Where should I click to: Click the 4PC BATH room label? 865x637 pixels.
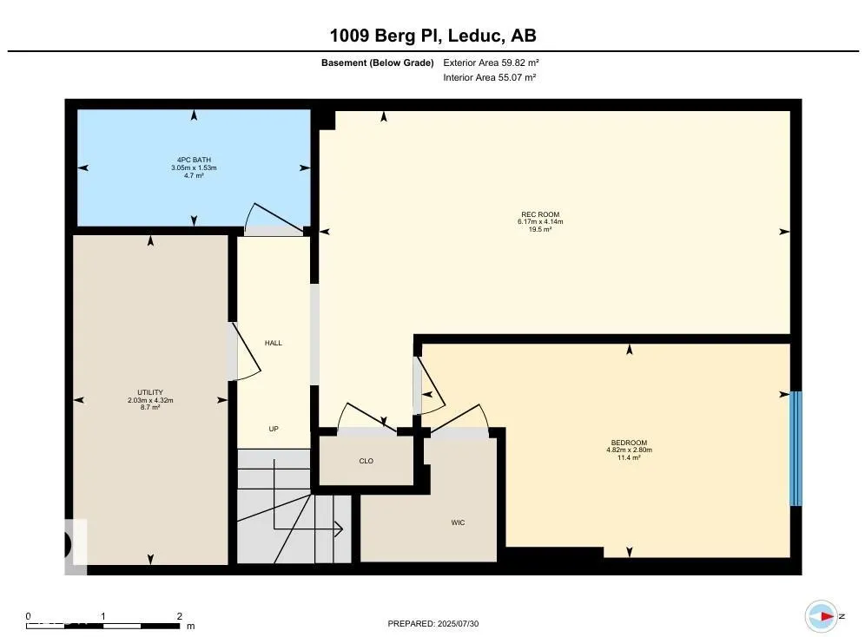[194, 160]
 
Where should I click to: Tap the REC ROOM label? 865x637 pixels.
[540, 214]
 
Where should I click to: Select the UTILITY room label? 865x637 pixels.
[150, 392]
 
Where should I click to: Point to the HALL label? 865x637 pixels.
[273, 343]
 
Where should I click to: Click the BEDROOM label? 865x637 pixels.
[629, 443]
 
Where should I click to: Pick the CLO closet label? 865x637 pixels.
[366, 461]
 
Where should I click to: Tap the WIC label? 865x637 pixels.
[458, 522]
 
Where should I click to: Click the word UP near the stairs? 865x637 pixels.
[274, 429]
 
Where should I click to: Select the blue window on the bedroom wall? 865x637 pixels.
[796, 449]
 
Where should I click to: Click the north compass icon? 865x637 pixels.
[822, 616]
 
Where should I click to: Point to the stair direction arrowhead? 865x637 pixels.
[338, 529]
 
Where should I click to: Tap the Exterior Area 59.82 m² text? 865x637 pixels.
[491, 62]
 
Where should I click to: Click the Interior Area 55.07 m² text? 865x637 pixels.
[489, 78]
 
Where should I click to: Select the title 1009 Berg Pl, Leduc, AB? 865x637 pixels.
[433, 36]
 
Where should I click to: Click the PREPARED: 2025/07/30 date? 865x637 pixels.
[433, 624]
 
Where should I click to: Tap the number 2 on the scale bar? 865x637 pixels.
[179, 616]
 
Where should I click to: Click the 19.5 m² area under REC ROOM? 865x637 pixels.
[540, 229]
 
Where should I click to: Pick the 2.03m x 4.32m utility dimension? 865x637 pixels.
[150, 400]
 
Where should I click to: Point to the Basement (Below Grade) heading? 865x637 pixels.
[377, 62]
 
